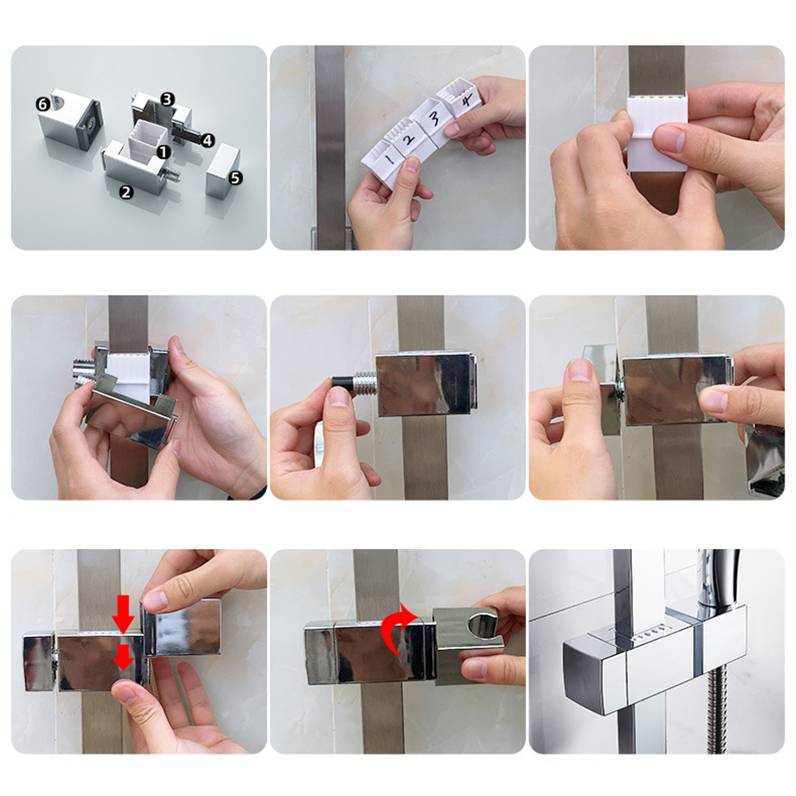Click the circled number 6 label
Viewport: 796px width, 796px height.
point(43,104)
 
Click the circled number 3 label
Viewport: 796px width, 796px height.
point(167,99)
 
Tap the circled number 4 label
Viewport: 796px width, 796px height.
point(207,141)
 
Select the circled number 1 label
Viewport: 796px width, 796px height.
point(164,152)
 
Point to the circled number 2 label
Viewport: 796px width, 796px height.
point(126,192)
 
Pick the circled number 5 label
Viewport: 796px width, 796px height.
point(235,177)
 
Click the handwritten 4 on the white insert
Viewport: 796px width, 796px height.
point(466,101)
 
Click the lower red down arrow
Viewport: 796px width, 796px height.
point(123,657)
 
